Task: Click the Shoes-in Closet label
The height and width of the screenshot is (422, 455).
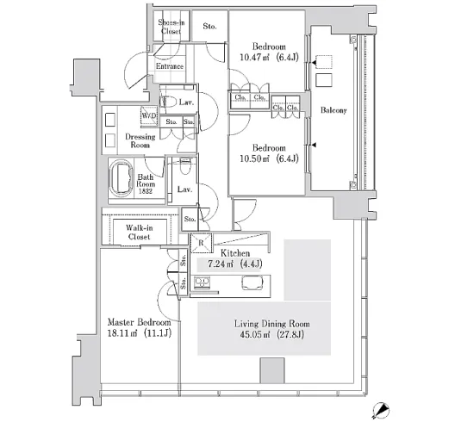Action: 171,27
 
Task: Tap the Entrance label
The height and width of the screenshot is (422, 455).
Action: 170,66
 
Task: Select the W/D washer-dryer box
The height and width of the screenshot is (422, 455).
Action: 149,116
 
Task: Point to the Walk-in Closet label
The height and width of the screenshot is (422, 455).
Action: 140,233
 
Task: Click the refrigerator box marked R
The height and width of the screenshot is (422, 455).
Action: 201,243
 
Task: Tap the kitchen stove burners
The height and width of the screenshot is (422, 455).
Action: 202,282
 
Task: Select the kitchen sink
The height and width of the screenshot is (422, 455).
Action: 252,282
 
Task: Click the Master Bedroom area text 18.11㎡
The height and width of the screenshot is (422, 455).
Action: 122,333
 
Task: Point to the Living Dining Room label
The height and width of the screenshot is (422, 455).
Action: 272,323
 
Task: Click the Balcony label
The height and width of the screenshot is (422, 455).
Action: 333,110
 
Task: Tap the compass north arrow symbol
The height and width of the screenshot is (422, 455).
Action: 380,410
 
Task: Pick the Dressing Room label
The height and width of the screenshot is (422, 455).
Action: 140,140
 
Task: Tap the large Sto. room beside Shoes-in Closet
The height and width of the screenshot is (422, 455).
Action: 209,26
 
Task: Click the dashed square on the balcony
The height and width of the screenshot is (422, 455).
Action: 324,62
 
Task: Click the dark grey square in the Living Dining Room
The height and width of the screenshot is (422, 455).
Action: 272,370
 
